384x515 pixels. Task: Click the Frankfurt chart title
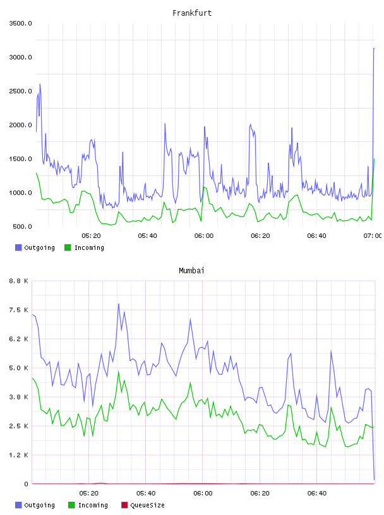(192, 13)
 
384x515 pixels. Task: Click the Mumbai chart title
(191, 271)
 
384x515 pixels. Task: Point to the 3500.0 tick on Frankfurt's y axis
(20, 23)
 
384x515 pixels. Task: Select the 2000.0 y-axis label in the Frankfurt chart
(20, 125)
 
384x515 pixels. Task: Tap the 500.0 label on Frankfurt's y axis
(22, 227)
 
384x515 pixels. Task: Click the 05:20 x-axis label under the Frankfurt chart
(91, 235)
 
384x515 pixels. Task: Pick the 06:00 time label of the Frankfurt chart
(204, 235)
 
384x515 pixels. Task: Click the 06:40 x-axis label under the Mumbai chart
(317, 493)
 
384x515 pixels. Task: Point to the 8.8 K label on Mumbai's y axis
(19, 281)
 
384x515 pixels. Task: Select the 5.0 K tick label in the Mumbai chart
(19, 368)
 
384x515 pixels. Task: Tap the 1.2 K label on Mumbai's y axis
(19, 455)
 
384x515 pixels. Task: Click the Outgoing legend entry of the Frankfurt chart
(35, 247)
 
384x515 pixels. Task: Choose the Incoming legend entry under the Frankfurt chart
(84, 247)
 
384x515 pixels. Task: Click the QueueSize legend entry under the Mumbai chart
(143, 505)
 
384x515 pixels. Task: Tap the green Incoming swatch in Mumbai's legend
(71, 505)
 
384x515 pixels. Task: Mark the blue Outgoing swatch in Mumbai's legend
(18, 505)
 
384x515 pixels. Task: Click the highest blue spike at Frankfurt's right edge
(374, 48)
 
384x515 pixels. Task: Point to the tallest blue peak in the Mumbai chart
(119, 304)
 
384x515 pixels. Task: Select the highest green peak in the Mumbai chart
(119, 372)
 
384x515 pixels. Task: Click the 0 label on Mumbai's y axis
(27, 484)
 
